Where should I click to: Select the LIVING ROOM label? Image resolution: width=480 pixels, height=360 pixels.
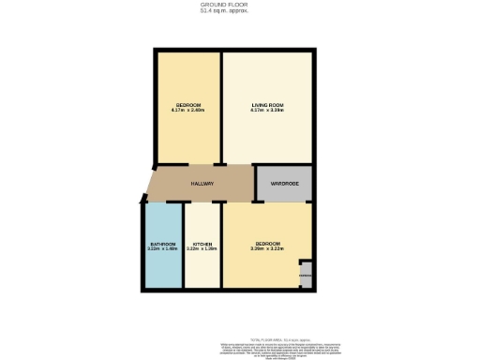click(266, 104)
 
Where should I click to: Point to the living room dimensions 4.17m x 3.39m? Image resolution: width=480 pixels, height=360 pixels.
click(266, 111)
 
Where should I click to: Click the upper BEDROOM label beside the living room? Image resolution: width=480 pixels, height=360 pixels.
click(188, 104)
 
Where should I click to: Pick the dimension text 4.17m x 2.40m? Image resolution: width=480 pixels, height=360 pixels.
click(188, 111)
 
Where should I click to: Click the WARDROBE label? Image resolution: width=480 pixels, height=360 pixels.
click(284, 184)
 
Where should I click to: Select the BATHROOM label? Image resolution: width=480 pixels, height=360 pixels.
click(162, 244)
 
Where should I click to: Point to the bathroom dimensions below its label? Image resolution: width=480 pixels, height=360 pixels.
click(162, 249)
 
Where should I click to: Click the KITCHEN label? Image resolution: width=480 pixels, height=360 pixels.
click(202, 244)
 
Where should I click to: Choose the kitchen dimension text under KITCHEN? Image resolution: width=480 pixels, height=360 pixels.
click(202, 249)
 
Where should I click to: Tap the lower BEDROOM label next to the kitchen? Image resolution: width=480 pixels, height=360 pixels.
click(267, 244)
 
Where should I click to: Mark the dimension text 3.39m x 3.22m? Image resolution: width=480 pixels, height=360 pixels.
click(267, 249)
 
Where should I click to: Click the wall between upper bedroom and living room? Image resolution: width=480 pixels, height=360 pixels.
click(220, 108)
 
